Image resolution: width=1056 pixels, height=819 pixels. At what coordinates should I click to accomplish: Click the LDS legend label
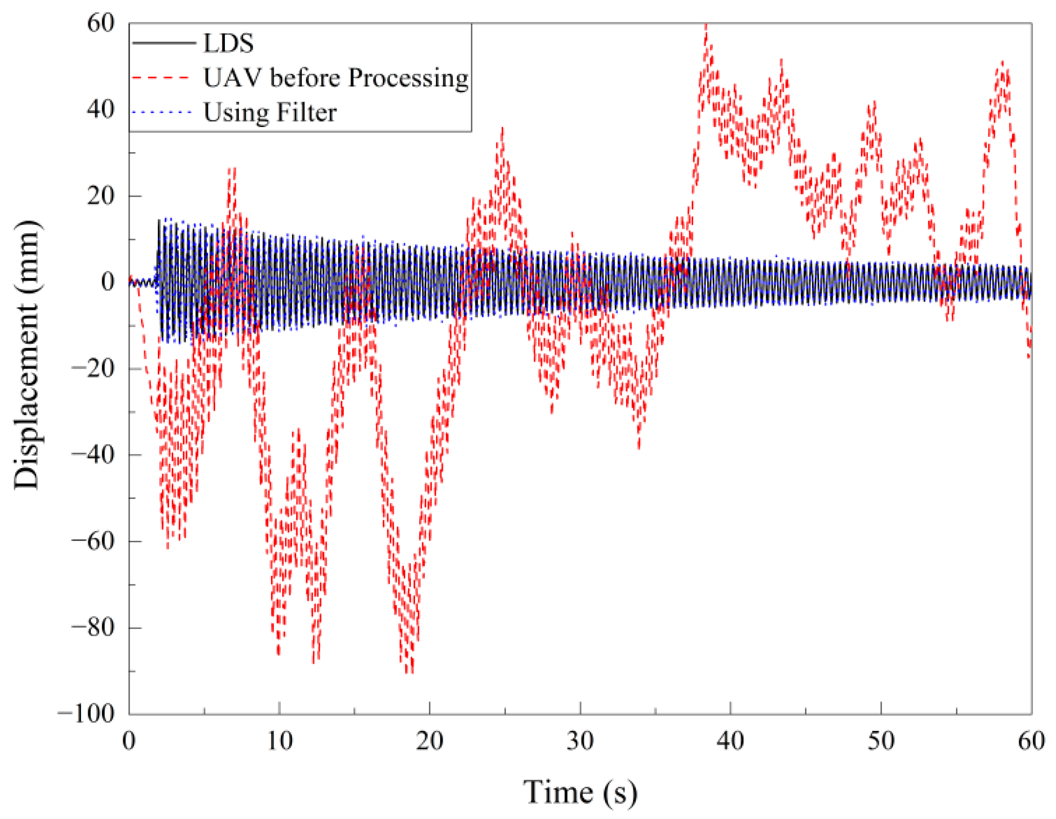point(228,43)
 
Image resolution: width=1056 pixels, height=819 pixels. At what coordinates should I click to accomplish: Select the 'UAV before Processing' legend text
point(336,78)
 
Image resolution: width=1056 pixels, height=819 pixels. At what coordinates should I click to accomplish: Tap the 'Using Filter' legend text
point(270,113)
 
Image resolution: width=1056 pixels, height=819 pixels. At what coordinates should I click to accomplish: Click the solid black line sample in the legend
point(164,43)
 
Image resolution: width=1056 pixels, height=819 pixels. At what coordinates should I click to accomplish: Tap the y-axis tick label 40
point(100,109)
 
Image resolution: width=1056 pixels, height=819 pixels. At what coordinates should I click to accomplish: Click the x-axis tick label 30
point(580,741)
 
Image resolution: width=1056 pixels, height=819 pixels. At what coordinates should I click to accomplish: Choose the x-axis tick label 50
point(881,741)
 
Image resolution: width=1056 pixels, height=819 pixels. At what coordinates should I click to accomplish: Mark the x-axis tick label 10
point(279,741)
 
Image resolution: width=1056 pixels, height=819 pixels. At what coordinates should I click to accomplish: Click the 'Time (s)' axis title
point(580,792)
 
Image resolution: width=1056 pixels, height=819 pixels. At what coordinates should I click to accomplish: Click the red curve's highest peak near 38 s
point(707,26)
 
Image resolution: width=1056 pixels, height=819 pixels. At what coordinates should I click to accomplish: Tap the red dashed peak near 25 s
point(502,129)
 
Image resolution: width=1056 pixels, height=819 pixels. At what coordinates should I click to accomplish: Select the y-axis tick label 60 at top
point(100,23)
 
